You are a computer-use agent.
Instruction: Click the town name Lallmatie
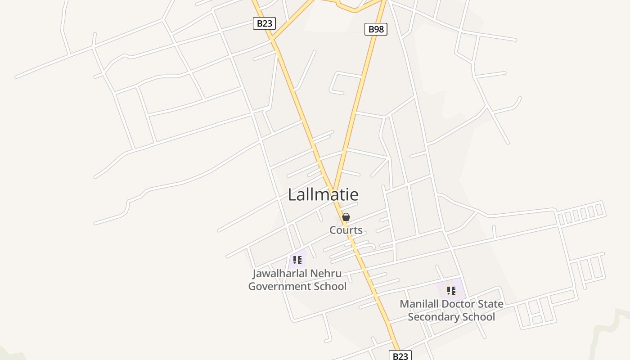click(323, 194)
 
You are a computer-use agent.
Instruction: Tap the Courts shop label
click(346, 230)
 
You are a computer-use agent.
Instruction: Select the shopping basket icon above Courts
click(346, 217)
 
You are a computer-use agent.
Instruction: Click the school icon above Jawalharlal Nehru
click(297, 260)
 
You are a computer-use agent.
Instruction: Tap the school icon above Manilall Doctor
click(451, 290)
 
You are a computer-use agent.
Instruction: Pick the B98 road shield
click(376, 29)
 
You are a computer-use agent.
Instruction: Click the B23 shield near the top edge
click(264, 23)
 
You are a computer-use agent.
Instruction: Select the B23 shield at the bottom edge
click(400, 356)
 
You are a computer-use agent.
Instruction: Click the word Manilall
click(419, 304)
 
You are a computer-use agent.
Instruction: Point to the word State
click(490, 304)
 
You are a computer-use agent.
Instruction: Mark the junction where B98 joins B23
click(333, 192)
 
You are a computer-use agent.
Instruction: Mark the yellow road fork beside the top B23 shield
click(273, 40)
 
